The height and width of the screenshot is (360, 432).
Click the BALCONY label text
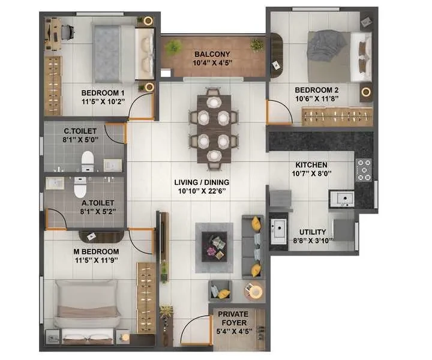tap(212, 54)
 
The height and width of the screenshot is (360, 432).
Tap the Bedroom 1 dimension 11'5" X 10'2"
tap(103, 101)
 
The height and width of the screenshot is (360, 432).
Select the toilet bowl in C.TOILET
tap(88, 161)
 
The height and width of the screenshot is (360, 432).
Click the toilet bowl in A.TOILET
tap(80, 187)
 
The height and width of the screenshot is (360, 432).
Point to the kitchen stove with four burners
tap(364, 170)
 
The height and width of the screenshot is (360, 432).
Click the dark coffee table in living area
tap(214, 247)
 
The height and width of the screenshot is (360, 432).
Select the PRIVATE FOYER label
tap(233, 319)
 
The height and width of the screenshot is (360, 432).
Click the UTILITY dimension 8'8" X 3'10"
tap(313, 241)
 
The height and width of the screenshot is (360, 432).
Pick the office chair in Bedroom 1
tap(67, 32)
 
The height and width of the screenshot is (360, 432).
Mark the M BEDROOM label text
tap(96, 251)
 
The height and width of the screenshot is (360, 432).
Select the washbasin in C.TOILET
tap(112, 165)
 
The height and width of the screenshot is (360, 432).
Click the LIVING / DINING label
tap(202, 182)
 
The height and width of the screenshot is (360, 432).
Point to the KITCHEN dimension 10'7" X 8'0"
tap(311, 173)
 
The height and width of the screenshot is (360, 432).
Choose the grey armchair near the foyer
tap(220, 290)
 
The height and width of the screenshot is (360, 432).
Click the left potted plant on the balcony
tap(173, 47)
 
